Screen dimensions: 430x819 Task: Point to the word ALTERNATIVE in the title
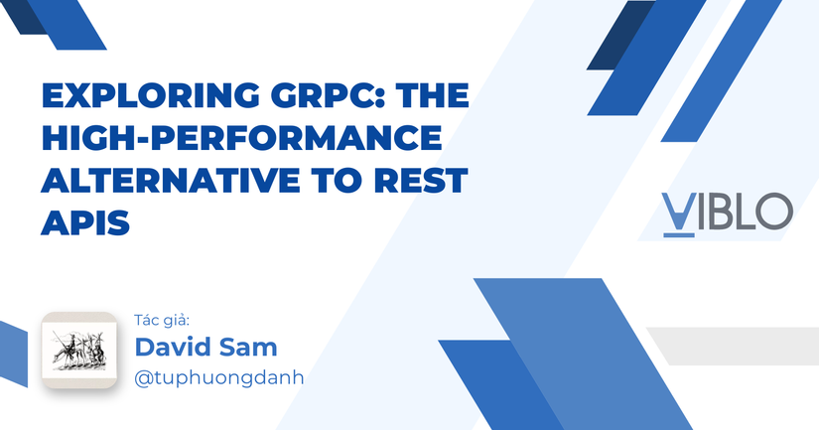pyautogui.click(x=160, y=181)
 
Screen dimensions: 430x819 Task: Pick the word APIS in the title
pyautogui.click(x=85, y=221)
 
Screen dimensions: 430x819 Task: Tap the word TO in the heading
pyautogui.click(x=319, y=181)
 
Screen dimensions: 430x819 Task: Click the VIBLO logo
pyautogui.click(x=727, y=212)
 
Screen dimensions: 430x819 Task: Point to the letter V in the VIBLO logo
pyautogui.click(x=677, y=212)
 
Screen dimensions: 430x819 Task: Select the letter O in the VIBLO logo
pyautogui.click(x=774, y=212)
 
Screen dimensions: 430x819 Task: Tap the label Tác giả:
pyautogui.click(x=161, y=321)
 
